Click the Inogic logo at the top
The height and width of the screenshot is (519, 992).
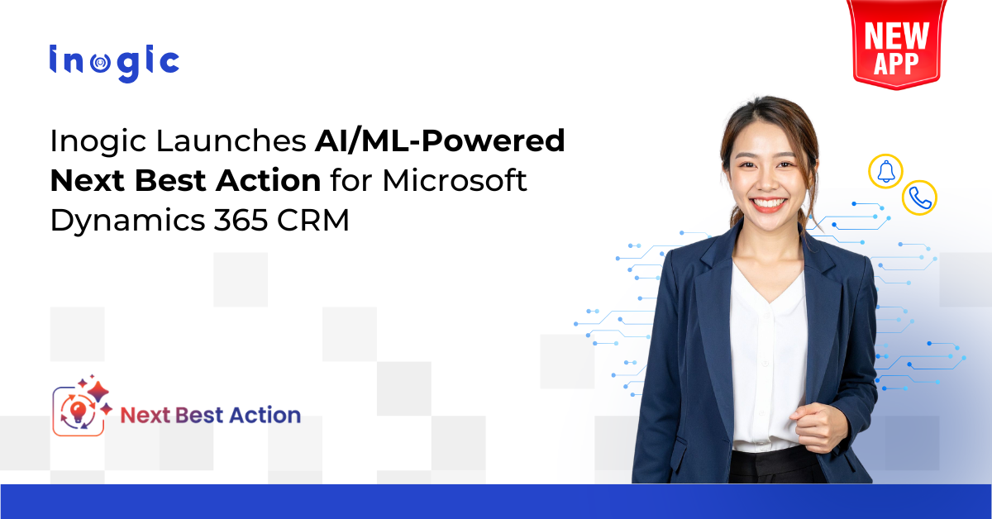[x=113, y=63]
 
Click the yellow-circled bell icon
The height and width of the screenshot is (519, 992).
[x=885, y=170]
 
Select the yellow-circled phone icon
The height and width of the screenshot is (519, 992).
[x=918, y=198]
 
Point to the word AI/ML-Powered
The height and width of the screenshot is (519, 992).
[x=440, y=142]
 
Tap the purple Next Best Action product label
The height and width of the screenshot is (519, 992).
[x=211, y=414]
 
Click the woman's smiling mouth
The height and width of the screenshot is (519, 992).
[x=768, y=202]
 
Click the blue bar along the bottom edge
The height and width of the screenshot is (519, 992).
[x=496, y=502]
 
